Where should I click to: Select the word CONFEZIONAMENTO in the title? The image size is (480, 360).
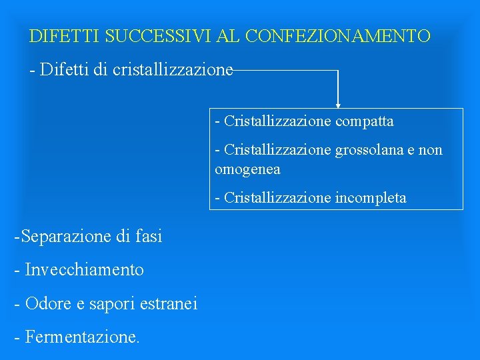[x=338, y=35]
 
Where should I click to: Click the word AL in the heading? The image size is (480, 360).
[x=229, y=35]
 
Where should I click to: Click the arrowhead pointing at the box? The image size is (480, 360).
[x=338, y=105]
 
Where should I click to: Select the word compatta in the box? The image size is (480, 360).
[x=365, y=121]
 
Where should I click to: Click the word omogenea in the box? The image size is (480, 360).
[x=247, y=169]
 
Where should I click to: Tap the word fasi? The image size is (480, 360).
[x=148, y=236]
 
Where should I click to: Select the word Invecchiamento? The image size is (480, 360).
[x=84, y=270]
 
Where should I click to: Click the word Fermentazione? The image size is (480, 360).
[x=81, y=337]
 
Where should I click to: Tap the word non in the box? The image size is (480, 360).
[x=430, y=150]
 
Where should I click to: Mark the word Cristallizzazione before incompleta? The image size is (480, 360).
[x=278, y=197]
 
